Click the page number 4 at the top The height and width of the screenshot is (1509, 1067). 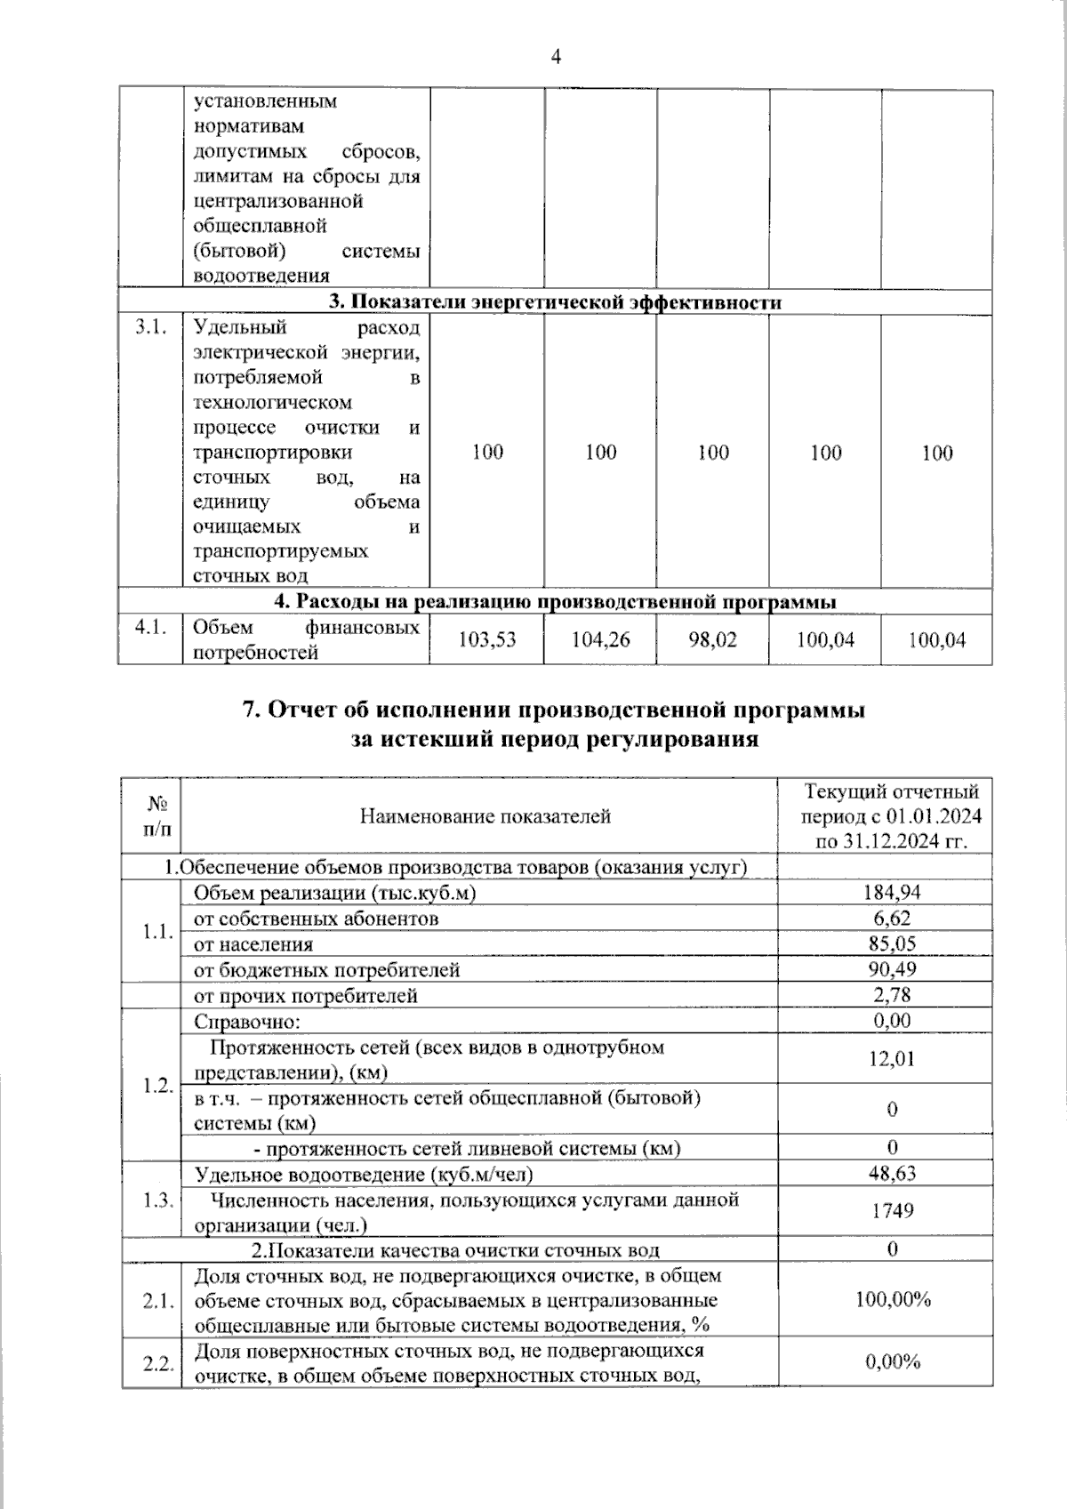click(557, 58)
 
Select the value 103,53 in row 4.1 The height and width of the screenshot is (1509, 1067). click(486, 639)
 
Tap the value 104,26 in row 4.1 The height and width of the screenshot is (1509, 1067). click(600, 639)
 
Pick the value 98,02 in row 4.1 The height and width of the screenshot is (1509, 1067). click(712, 639)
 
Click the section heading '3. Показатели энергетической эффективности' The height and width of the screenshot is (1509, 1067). click(555, 302)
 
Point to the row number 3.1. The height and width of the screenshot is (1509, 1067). click(150, 328)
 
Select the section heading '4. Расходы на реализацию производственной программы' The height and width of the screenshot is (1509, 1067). click(555, 602)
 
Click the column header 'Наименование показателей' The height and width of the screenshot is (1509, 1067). click(485, 816)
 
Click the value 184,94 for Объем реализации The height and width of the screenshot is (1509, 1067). click(892, 893)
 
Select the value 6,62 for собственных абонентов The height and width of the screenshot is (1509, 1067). click(892, 918)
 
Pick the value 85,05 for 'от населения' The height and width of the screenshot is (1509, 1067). click(892, 943)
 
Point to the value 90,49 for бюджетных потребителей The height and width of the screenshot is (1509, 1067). click(892, 969)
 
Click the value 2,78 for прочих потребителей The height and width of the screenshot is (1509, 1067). click(892, 995)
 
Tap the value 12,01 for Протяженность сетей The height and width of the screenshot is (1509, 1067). click(892, 1059)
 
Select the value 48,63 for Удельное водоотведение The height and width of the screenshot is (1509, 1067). click(892, 1174)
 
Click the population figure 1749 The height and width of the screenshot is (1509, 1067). click(892, 1211)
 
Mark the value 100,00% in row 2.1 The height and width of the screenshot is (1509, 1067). click(892, 1300)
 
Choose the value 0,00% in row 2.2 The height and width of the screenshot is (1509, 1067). click(892, 1362)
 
